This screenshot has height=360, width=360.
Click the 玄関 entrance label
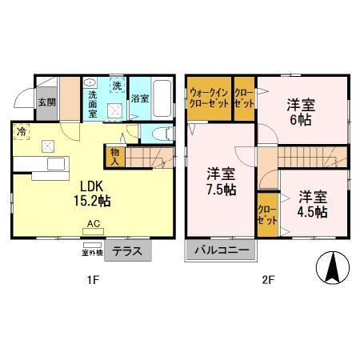click(x=47, y=102)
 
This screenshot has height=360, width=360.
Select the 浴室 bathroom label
click(x=140, y=98)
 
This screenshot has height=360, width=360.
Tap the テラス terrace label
click(x=127, y=250)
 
